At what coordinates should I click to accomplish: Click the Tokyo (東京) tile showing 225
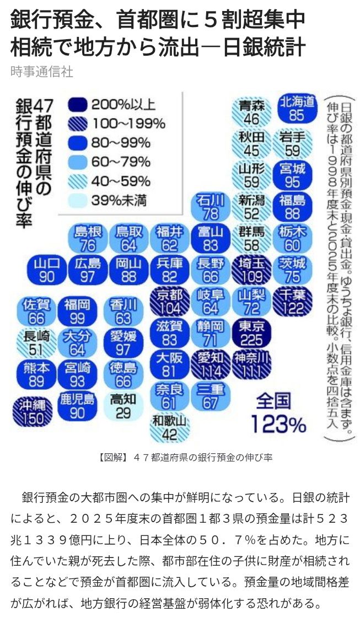point(251,333)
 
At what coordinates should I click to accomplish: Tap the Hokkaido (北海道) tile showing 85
point(297,109)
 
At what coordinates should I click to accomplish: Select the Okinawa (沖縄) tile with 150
point(33,412)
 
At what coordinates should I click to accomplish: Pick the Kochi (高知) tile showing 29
point(123,406)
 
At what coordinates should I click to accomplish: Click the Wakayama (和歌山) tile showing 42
point(170,428)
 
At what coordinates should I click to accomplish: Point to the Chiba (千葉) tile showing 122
point(292,302)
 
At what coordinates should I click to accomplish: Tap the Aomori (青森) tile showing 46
point(251,112)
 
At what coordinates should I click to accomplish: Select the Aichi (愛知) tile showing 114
point(211,364)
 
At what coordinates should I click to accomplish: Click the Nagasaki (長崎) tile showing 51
point(36,343)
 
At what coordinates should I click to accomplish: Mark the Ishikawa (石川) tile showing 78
point(211,207)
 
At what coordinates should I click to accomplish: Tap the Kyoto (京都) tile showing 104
point(170,302)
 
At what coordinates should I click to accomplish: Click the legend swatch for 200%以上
point(77,105)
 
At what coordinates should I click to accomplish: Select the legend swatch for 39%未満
point(77,201)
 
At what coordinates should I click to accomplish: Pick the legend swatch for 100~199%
point(77,125)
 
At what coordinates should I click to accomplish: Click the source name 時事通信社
point(42,72)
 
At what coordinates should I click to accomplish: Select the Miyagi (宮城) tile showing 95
point(292,175)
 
